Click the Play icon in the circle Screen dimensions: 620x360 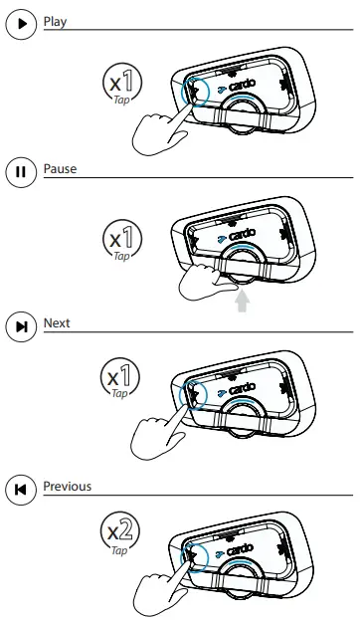pos(21,23)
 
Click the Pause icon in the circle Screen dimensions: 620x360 pos(21,171)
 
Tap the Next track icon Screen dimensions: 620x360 pos(21,326)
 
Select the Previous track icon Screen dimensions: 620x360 pos(21,489)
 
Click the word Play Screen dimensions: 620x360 pos(56,20)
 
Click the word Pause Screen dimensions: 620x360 pos(60,168)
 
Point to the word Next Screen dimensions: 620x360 pos(57,323)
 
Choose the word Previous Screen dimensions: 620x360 pos(67,486)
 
